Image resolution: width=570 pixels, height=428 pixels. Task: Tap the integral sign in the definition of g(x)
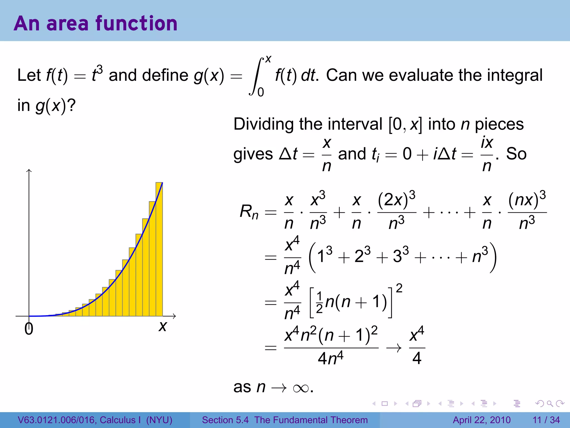click(256, 76)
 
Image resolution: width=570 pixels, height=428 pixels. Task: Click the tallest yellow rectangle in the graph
click(159, 249)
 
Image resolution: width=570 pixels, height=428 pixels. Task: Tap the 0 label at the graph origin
click(29, 329)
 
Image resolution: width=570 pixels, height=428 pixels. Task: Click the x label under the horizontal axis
click(163, 326)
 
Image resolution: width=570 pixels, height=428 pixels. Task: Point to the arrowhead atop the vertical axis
click(29, 170)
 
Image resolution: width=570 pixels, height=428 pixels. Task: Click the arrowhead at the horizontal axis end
click(175, 316)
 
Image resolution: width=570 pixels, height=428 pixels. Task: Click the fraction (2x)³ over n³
click(397, 212)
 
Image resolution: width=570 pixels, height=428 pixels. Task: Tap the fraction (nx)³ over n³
click(527, 212)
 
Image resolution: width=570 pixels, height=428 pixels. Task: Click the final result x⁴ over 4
click(417, 347)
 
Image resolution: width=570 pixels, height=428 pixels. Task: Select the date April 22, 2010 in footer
click(482, 420)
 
